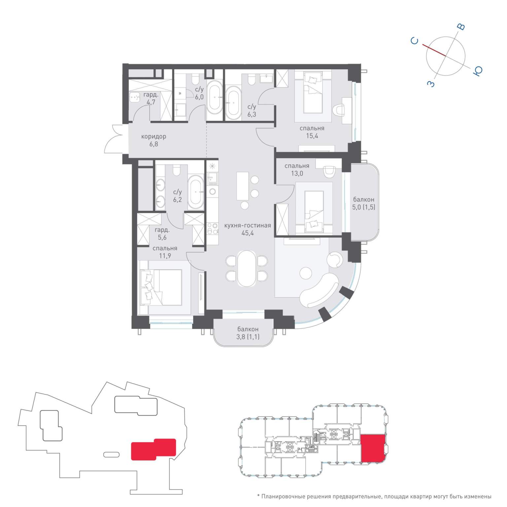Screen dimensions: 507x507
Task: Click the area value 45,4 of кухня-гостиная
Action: tap(248, 233)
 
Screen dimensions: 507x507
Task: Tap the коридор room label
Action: tap(153, 136)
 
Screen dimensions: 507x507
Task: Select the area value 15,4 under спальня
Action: tap(312, 136)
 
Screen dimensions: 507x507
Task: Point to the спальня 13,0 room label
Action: tap(297, 170)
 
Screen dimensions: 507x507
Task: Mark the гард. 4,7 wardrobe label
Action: tap(151, 98)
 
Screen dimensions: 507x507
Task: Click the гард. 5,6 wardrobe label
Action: tap(162, 234)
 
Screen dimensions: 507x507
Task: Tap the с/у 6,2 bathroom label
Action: tap(178, 196)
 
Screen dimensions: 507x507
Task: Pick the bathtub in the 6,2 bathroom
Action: tap(196, 192)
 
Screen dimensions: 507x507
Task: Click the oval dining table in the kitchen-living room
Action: tap(247, 268)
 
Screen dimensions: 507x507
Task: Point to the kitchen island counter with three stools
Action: tap(242, 186)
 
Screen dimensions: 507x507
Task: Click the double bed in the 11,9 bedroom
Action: tap(161, 287)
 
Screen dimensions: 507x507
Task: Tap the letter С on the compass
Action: tap(415, 41)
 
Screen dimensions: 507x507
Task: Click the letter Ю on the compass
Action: tap(478, 71)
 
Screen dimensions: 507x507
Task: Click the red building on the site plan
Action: tap(153, 449)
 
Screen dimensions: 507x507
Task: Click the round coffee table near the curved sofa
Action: tap(306, 273)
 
